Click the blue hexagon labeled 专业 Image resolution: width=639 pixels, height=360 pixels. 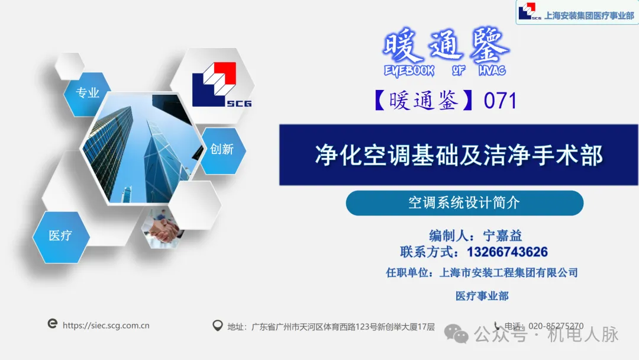[88, 94]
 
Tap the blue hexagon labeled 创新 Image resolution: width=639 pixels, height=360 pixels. [222, 150]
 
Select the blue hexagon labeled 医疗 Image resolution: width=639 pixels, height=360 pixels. [61, 236]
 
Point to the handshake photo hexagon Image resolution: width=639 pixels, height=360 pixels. [163, 229]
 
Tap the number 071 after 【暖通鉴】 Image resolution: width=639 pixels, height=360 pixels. [501, 101]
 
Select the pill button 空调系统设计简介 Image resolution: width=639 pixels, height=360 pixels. [464, 203]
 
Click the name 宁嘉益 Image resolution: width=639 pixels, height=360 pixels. [503, 236]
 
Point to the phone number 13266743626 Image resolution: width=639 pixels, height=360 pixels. [507, 252]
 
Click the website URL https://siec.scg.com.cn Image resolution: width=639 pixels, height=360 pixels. [106, 325]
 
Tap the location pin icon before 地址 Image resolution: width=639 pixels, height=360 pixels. [217, 326]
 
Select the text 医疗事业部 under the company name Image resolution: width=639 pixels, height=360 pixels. [482, 296]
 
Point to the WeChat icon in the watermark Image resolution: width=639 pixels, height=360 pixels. [457, 334]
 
